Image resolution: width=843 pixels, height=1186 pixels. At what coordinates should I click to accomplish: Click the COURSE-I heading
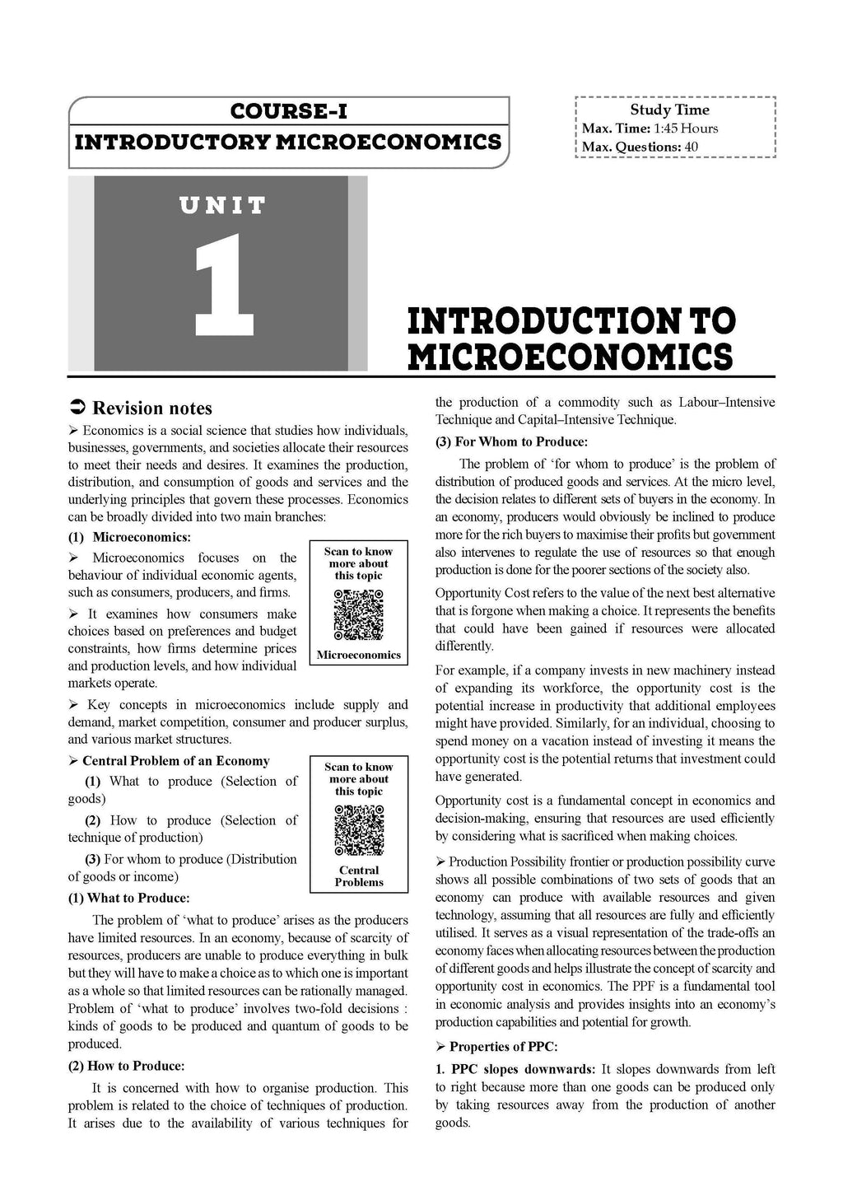coord(288,110)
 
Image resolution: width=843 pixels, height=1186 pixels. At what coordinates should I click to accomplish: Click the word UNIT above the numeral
coord(223,205)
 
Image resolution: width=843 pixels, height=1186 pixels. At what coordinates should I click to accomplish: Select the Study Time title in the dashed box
coord(669,110)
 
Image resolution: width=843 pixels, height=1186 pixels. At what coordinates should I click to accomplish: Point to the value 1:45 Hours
coord(686,128)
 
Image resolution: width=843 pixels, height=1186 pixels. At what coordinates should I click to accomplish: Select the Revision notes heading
coord(152,409)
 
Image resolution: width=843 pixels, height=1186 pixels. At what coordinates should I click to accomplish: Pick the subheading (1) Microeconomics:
coord(129,537)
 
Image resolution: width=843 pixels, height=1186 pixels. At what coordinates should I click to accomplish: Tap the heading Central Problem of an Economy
coord(175,761)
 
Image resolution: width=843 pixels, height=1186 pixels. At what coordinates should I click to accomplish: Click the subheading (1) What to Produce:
coord(128,898)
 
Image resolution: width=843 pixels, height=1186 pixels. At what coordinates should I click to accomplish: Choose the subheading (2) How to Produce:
coord(126,1066)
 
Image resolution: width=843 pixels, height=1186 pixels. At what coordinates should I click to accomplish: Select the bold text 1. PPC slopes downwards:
coord(515,1069)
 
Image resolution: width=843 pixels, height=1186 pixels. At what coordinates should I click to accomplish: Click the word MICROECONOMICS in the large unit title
coord(570,357)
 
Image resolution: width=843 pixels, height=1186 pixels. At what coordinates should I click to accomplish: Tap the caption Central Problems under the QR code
coord(359,876)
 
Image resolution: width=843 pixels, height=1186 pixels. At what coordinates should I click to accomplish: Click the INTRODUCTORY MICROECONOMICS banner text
coord(288,142)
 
